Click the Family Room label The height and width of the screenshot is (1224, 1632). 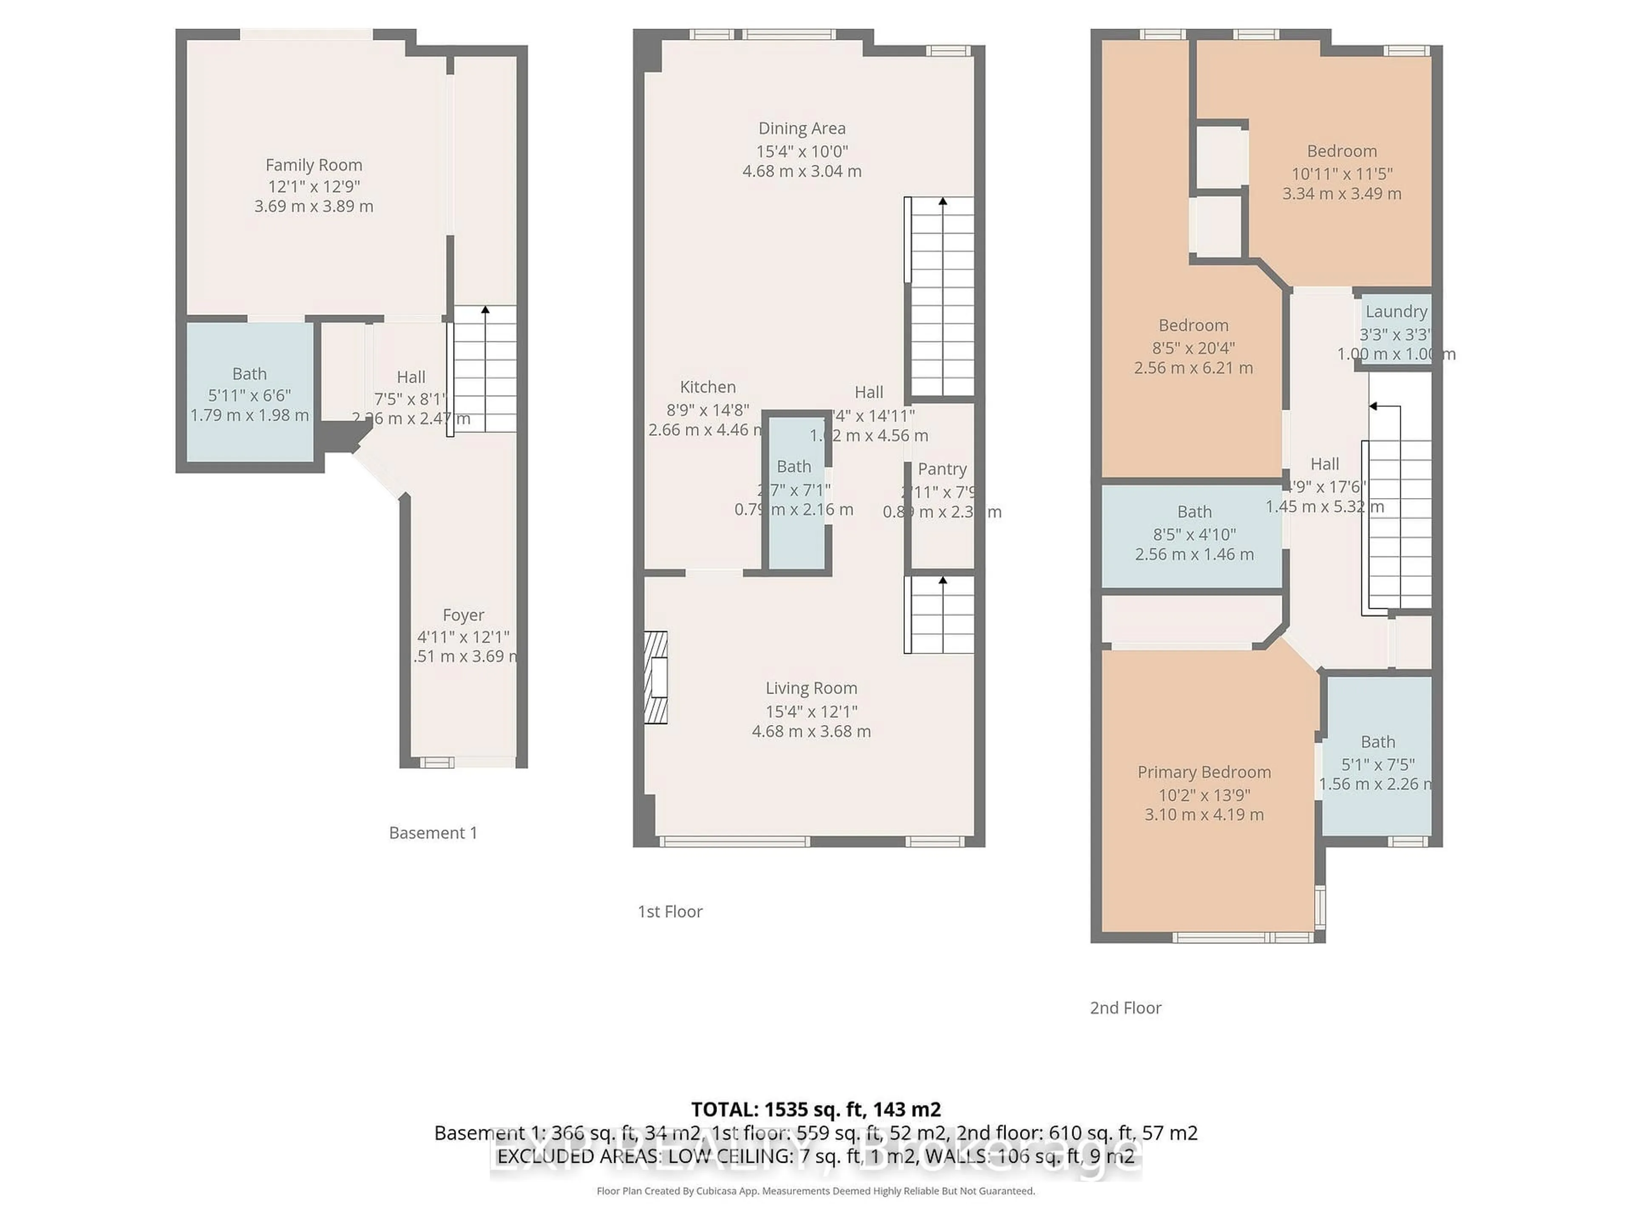coord(314,164)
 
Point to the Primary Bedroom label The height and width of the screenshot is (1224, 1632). coord(1204,772)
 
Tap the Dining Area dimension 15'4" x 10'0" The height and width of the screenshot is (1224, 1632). coord(802,151)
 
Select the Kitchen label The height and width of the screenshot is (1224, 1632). coord(708,387)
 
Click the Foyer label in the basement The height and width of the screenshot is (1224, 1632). coord(463,615)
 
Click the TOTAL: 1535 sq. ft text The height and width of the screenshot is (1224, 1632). coord(815,1109)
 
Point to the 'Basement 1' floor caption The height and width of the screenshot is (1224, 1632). coord(433,833)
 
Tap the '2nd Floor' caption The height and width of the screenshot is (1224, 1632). coord(1125,1008)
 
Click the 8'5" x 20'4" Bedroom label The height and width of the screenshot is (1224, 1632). coord(1193,326)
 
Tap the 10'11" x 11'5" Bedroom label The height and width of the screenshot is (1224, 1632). coord(1341,151)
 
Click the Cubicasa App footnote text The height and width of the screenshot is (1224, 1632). coord(815,1191)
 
